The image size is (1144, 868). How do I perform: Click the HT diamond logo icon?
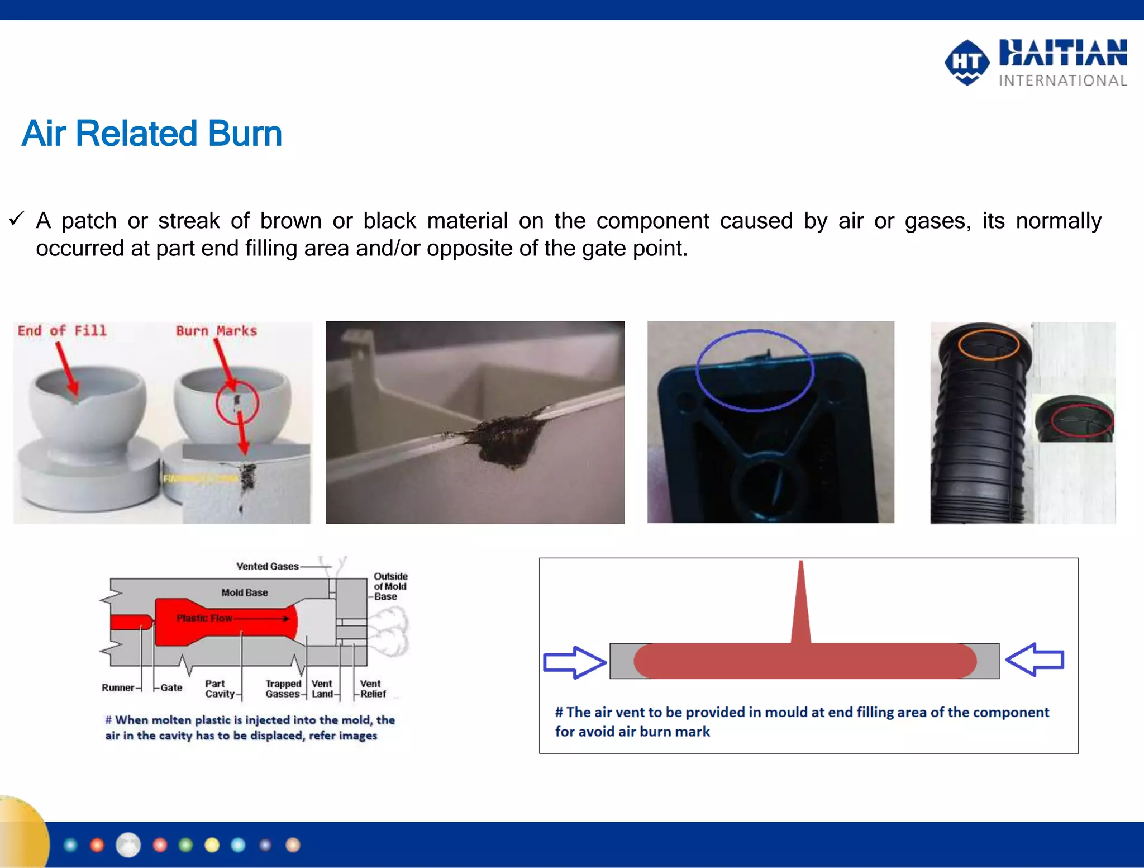pos(967,62)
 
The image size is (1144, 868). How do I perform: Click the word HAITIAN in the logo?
pos(1062,53)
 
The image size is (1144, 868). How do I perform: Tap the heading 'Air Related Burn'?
pos(152,134)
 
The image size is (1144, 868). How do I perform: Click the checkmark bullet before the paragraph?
pos(16,219)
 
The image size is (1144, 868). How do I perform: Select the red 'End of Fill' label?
pos(62,331)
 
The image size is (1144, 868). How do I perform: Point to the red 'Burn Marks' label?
pos(217,331)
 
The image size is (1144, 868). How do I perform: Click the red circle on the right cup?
pos(237,402)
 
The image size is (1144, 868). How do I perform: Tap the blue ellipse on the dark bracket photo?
pos(755,371)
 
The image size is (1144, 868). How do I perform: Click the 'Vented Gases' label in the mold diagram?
pos(268,566)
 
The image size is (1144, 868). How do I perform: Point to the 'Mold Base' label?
pos(245,592)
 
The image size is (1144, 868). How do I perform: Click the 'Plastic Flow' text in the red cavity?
pos(204,618)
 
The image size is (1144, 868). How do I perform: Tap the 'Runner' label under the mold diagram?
pos(118,687)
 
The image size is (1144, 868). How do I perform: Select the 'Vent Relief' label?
pos(373,689)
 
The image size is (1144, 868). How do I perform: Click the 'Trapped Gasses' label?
pos(283,689)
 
